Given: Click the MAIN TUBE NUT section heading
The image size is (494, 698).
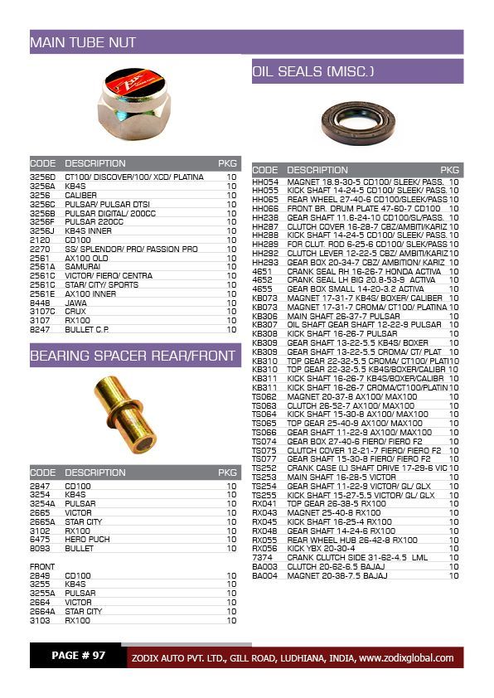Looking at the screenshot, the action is [x=83, y=42].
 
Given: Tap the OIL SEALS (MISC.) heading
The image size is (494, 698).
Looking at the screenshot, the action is [x=313, y=72].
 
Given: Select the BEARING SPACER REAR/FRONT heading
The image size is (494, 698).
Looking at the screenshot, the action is [x=133, y=356].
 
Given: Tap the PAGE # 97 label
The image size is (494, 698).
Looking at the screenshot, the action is [x=78, y=656].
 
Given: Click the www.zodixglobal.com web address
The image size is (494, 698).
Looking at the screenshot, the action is [x=406, y=658].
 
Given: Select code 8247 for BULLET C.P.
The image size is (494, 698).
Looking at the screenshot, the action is [x=40, y=329].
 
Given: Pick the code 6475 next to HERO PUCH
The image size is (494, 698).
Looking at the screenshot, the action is [x=40, y=540].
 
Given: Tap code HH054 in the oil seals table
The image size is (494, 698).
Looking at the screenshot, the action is [x=265, y=182].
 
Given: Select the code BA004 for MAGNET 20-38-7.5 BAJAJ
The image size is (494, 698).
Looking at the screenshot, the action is [x=264, y=575].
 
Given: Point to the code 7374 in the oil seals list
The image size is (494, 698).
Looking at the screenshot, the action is [x=262, y=558].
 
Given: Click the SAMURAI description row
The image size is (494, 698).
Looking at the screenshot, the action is [x=82, y=267].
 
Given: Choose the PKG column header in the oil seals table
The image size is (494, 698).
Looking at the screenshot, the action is [x=449, y=170].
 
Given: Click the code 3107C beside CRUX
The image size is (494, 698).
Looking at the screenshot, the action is [x=41, y=312].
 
